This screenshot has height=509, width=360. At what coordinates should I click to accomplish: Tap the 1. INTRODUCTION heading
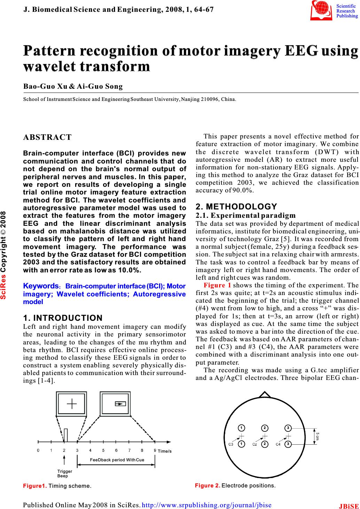coord(62,308)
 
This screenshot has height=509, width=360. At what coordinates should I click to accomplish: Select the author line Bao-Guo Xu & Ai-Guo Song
coord(73,86)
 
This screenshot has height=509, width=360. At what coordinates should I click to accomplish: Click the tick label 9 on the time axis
coord(155,450)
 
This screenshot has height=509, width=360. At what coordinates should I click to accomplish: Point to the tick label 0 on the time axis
coord(38,450)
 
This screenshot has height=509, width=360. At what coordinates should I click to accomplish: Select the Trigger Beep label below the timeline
coord(64,473)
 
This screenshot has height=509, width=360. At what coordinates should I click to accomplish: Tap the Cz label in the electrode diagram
coord(255,444)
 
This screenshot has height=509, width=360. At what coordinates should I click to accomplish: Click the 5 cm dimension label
coord(318,436)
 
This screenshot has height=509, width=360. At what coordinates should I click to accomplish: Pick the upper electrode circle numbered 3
coord(288,427)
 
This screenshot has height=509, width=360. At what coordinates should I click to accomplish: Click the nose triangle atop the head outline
coord(265,404)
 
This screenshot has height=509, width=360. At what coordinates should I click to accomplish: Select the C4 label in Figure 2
coord(278,444)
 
